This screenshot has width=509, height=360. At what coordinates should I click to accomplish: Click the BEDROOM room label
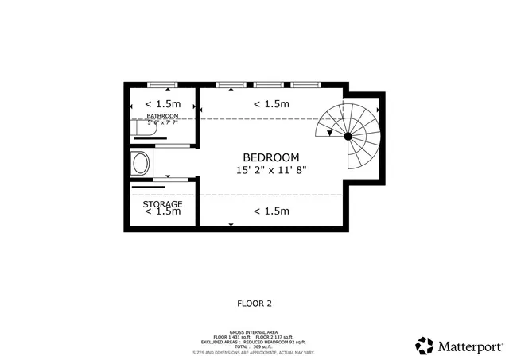(270, 157)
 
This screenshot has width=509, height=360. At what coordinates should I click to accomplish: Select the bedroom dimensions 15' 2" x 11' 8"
(270, 170)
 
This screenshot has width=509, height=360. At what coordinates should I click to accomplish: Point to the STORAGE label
(162, 204)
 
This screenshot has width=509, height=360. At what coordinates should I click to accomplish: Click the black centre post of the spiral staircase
(348, 137)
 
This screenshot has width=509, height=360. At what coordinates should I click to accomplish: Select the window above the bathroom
(162, 84)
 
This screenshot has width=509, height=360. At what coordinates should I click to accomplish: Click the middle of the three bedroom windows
(270, 84)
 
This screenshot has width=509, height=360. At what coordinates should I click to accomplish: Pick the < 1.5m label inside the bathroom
(162, 104)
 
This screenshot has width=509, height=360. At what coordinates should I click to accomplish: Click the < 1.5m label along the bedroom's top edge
(270, 104)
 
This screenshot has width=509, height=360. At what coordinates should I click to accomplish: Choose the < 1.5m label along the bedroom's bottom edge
(270, 211)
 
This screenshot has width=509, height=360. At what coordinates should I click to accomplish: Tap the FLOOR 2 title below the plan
(254, 303)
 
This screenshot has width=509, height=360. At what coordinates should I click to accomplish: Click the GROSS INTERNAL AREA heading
(254, 331)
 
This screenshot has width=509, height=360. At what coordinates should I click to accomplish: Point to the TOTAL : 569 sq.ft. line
(254, 346)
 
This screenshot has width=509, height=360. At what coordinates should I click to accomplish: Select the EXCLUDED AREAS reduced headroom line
(254, 341)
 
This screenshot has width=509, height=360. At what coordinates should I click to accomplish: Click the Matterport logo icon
(425, 346)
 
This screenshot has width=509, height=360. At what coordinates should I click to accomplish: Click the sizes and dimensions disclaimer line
(254, 351)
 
